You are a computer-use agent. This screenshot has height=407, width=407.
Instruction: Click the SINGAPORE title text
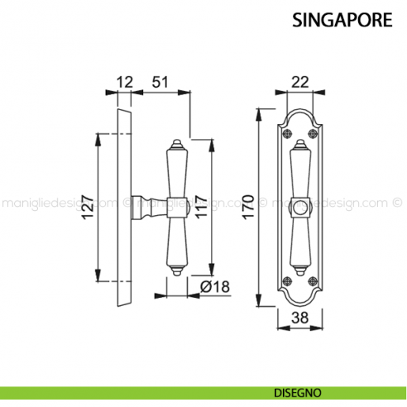(x=342, y=20)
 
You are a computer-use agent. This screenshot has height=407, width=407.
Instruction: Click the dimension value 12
(x=124, y=82)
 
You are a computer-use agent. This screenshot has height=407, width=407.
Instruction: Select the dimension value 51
(x=160, y=82)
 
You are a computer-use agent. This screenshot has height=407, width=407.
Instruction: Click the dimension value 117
(x=199, y=208)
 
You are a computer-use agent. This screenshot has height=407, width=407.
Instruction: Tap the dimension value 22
(x=299, y=82)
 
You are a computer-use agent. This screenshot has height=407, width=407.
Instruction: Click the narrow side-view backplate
(x=123, y=207)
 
